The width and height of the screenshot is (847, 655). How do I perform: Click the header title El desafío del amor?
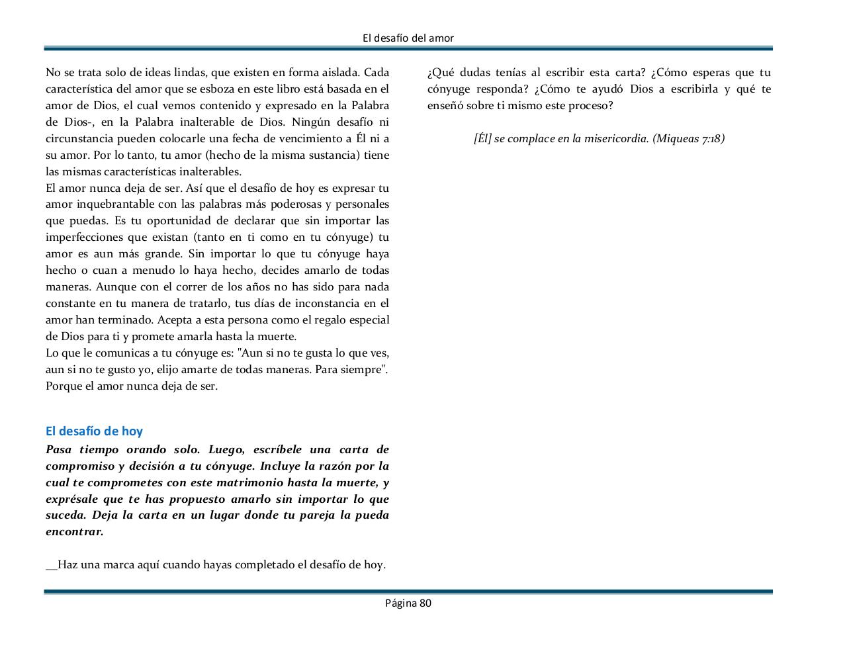[x=408, y=38]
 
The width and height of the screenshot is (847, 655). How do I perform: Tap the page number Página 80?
[x=408, y=603]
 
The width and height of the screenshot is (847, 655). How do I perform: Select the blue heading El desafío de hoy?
[x=94, y=431]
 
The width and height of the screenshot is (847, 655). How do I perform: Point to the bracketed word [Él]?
[x=482, y=138]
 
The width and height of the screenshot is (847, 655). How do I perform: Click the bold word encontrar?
[x=74, y=532]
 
